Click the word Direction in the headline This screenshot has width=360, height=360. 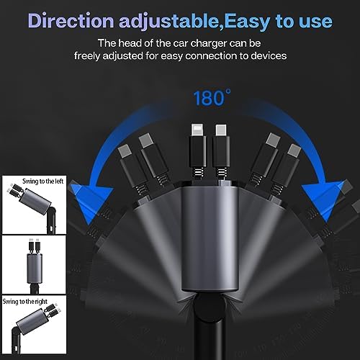(71, 21)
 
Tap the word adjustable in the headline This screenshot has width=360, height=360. (170, 22)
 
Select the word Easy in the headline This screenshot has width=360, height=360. (247, 22)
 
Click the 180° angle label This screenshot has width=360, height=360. (212, 98)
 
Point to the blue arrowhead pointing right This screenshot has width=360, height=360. (323, 200)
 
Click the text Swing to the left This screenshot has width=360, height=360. (43, 181)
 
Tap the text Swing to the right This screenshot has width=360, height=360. (25, 302)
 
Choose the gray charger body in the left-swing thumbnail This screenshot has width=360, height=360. (35, 202)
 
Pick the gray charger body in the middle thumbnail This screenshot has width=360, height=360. (35, 269)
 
